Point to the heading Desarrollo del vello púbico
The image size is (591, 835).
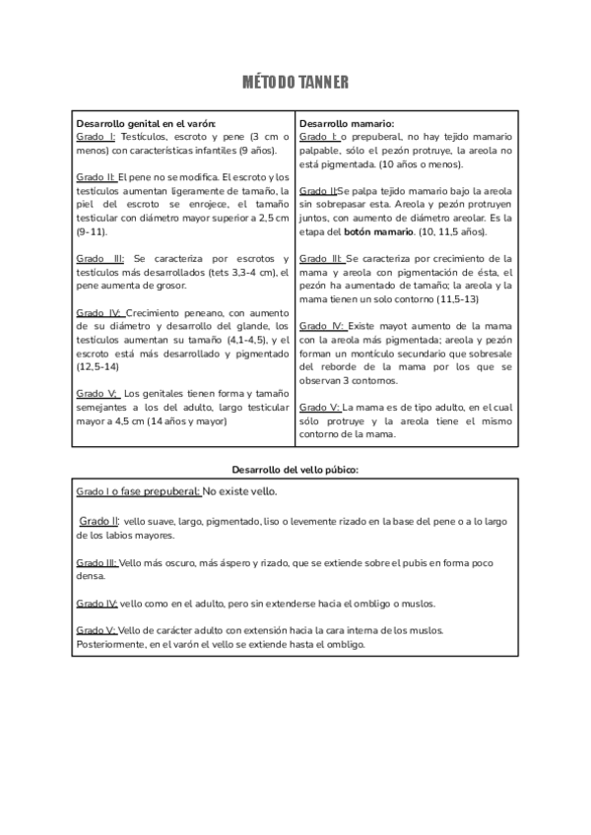tap(295, 470)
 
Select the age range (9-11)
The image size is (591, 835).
tap(95, 230)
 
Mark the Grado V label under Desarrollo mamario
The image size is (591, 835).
tap(320, 406)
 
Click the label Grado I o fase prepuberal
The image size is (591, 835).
tap(138, 491)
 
